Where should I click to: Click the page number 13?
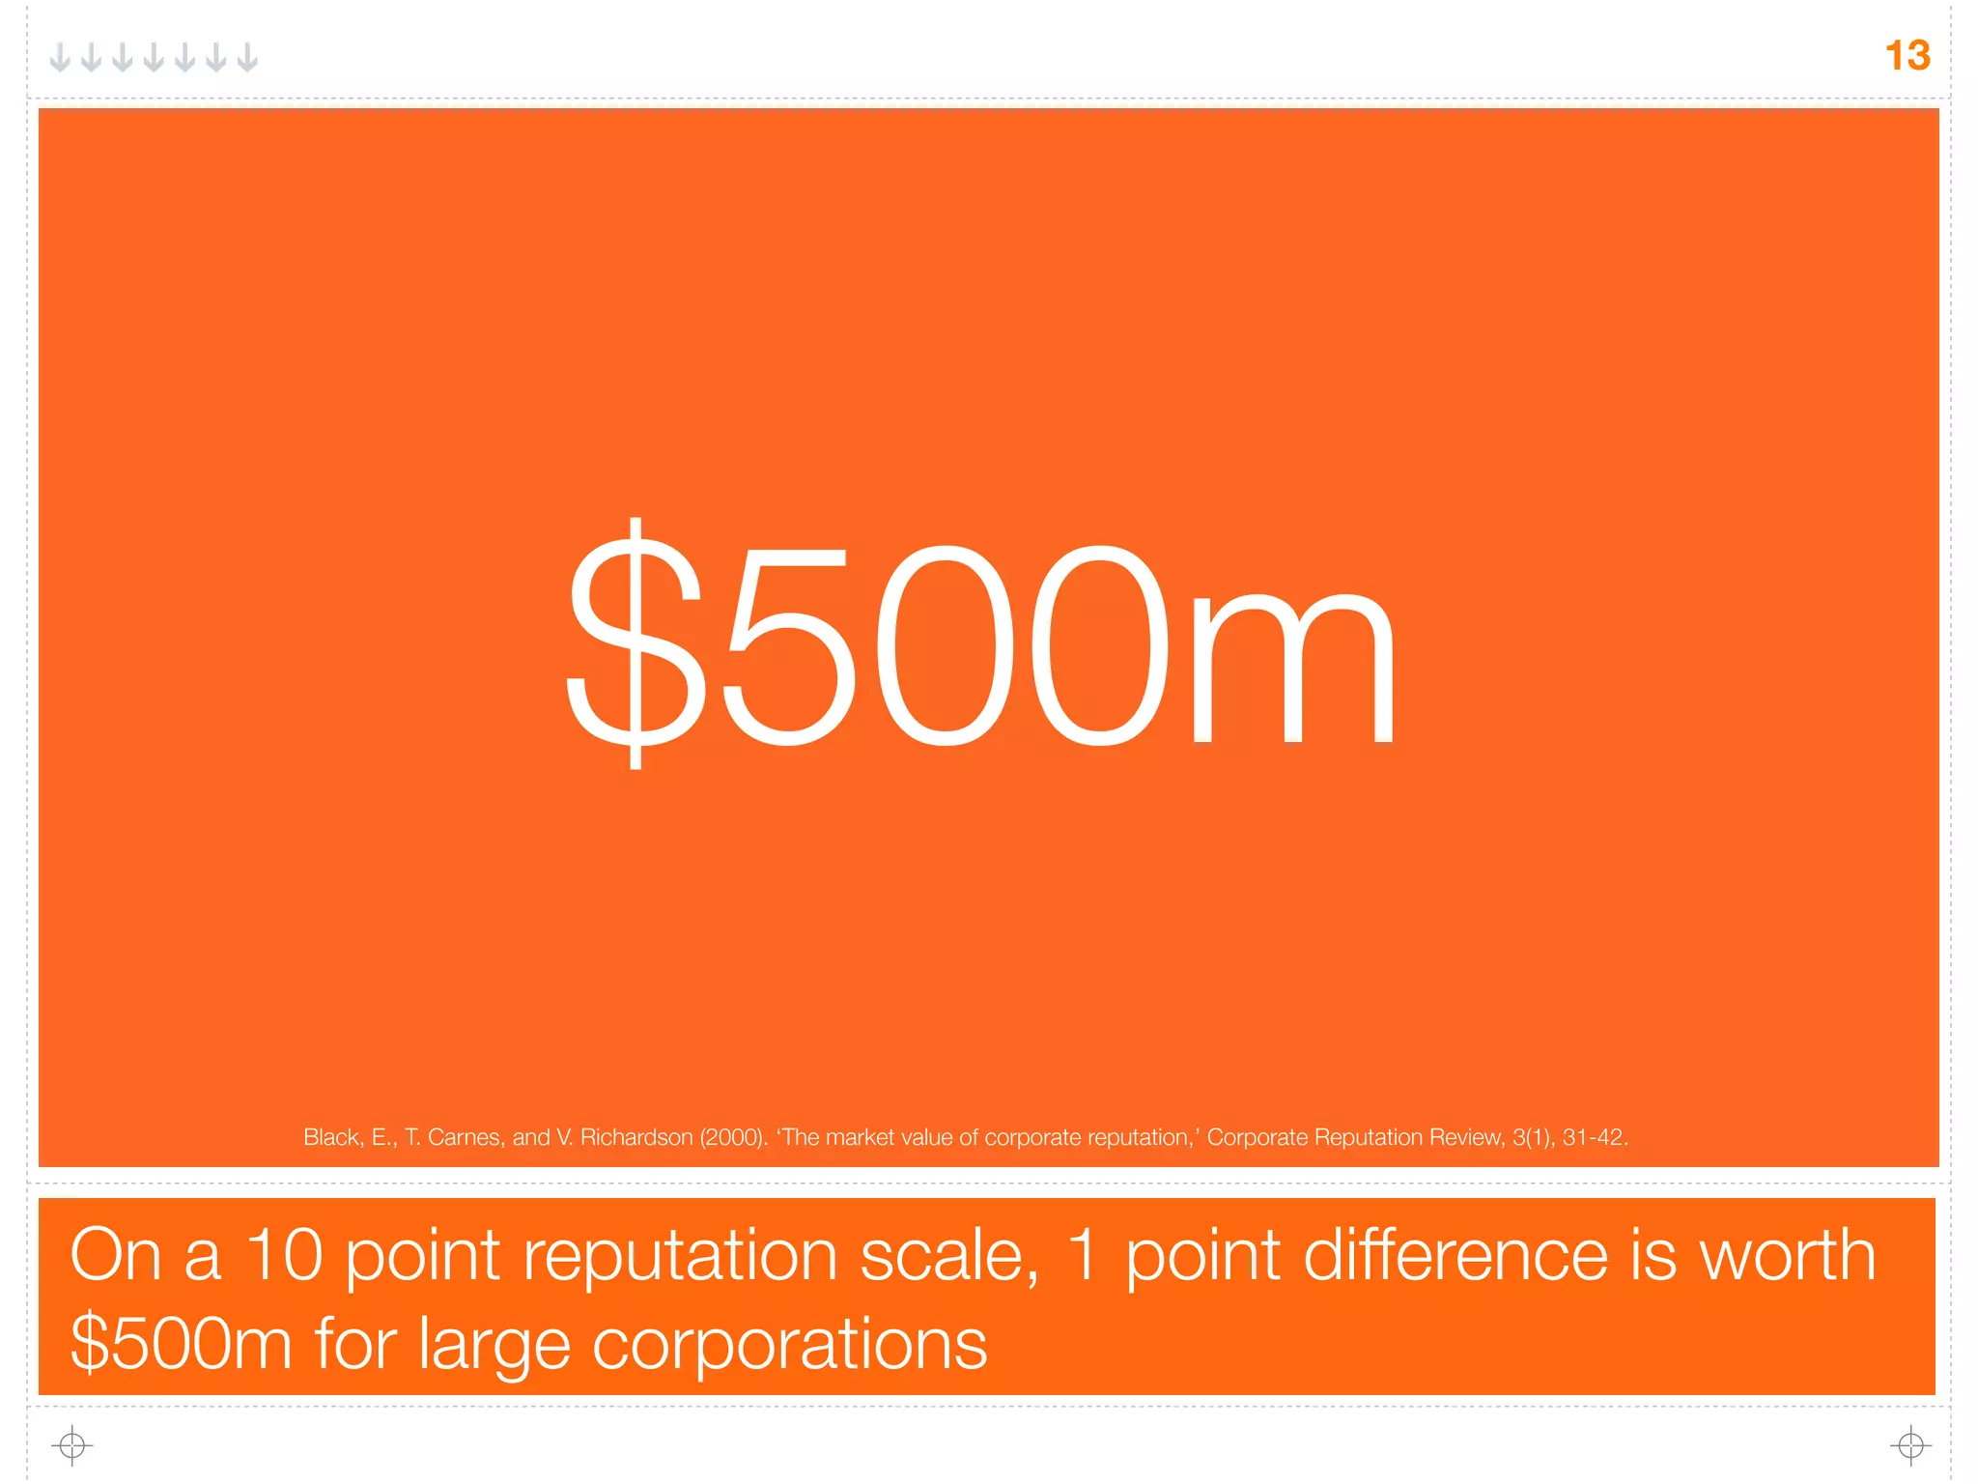coord(1907,56)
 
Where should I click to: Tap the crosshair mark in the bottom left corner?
coord(71,1445)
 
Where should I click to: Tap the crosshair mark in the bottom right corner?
coord(1910,1445)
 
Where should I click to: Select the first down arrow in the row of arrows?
coord(60,58)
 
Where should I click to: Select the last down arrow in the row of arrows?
coord(248,58)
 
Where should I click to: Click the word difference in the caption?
coord(1455,1256)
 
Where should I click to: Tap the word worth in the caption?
coord(1787,1256)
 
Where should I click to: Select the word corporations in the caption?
coord(789,1345)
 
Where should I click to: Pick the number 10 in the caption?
coord(284,1256)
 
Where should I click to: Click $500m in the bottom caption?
coord(181,1345)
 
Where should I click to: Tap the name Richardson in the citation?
coord(636,1137)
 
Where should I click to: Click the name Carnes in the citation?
coord(466,1137)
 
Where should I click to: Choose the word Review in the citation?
coord(1467,1137)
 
